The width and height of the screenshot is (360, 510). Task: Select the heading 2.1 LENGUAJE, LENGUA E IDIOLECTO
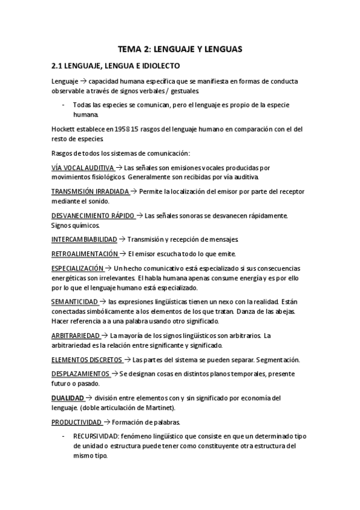116,65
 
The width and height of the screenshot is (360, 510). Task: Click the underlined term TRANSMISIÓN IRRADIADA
90,191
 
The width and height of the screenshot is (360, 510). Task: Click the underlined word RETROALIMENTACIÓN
84,254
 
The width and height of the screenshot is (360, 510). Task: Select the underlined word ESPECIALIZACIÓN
78,268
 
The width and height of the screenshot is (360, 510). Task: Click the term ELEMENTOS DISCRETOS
87,360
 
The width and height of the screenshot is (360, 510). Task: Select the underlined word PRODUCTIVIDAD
76,422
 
